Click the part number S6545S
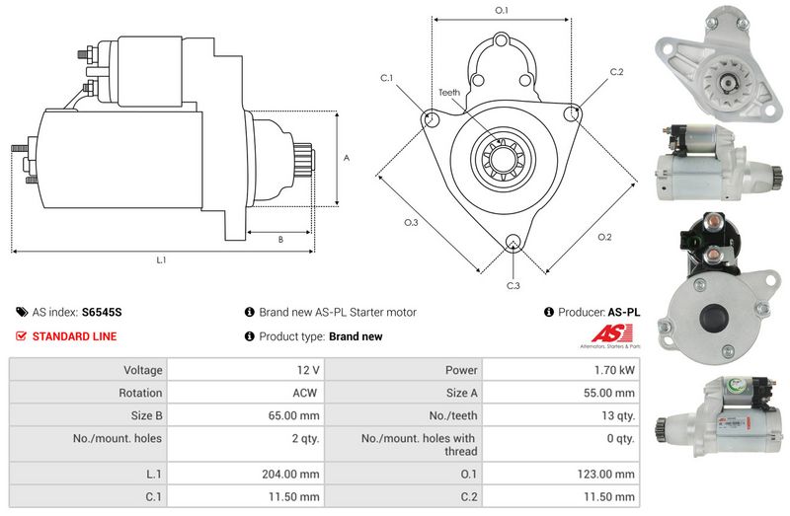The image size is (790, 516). (102, 312)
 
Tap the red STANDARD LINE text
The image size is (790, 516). (74, 336)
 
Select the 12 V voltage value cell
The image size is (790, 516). (308, 370)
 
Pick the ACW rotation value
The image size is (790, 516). (305, 393)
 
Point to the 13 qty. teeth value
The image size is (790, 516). (619, 415)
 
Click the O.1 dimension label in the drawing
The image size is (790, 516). (501, 10)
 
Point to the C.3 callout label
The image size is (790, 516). (513, 286)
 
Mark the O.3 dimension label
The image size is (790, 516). (411, 223)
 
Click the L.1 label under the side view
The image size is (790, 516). (161, 260)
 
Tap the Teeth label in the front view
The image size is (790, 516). (449, 93)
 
